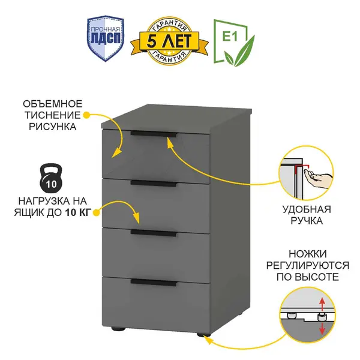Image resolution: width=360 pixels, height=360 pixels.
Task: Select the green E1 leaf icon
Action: (x=234, y=41)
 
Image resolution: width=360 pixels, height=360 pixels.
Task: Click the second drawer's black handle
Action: (x=154, y=182)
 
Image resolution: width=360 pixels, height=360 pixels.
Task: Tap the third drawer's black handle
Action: (x=154, y=232)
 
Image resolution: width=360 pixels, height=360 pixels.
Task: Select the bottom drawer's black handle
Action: (x=154, y=282)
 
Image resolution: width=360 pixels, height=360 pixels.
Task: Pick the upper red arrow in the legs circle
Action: (x=322, y=302)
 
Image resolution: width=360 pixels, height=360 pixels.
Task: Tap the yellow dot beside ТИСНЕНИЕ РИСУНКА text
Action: (x=86, y=114)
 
